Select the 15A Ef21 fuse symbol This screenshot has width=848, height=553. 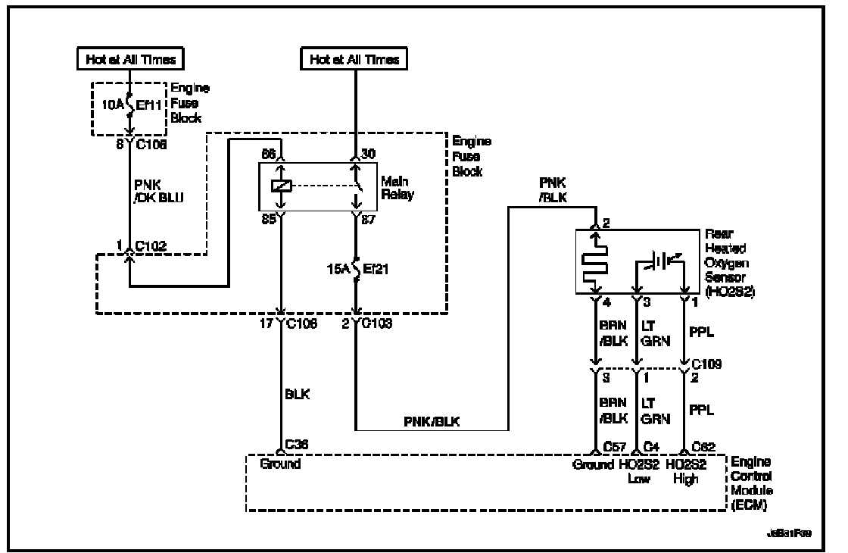point(356,269)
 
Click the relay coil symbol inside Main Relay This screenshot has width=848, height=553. point(281,186)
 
